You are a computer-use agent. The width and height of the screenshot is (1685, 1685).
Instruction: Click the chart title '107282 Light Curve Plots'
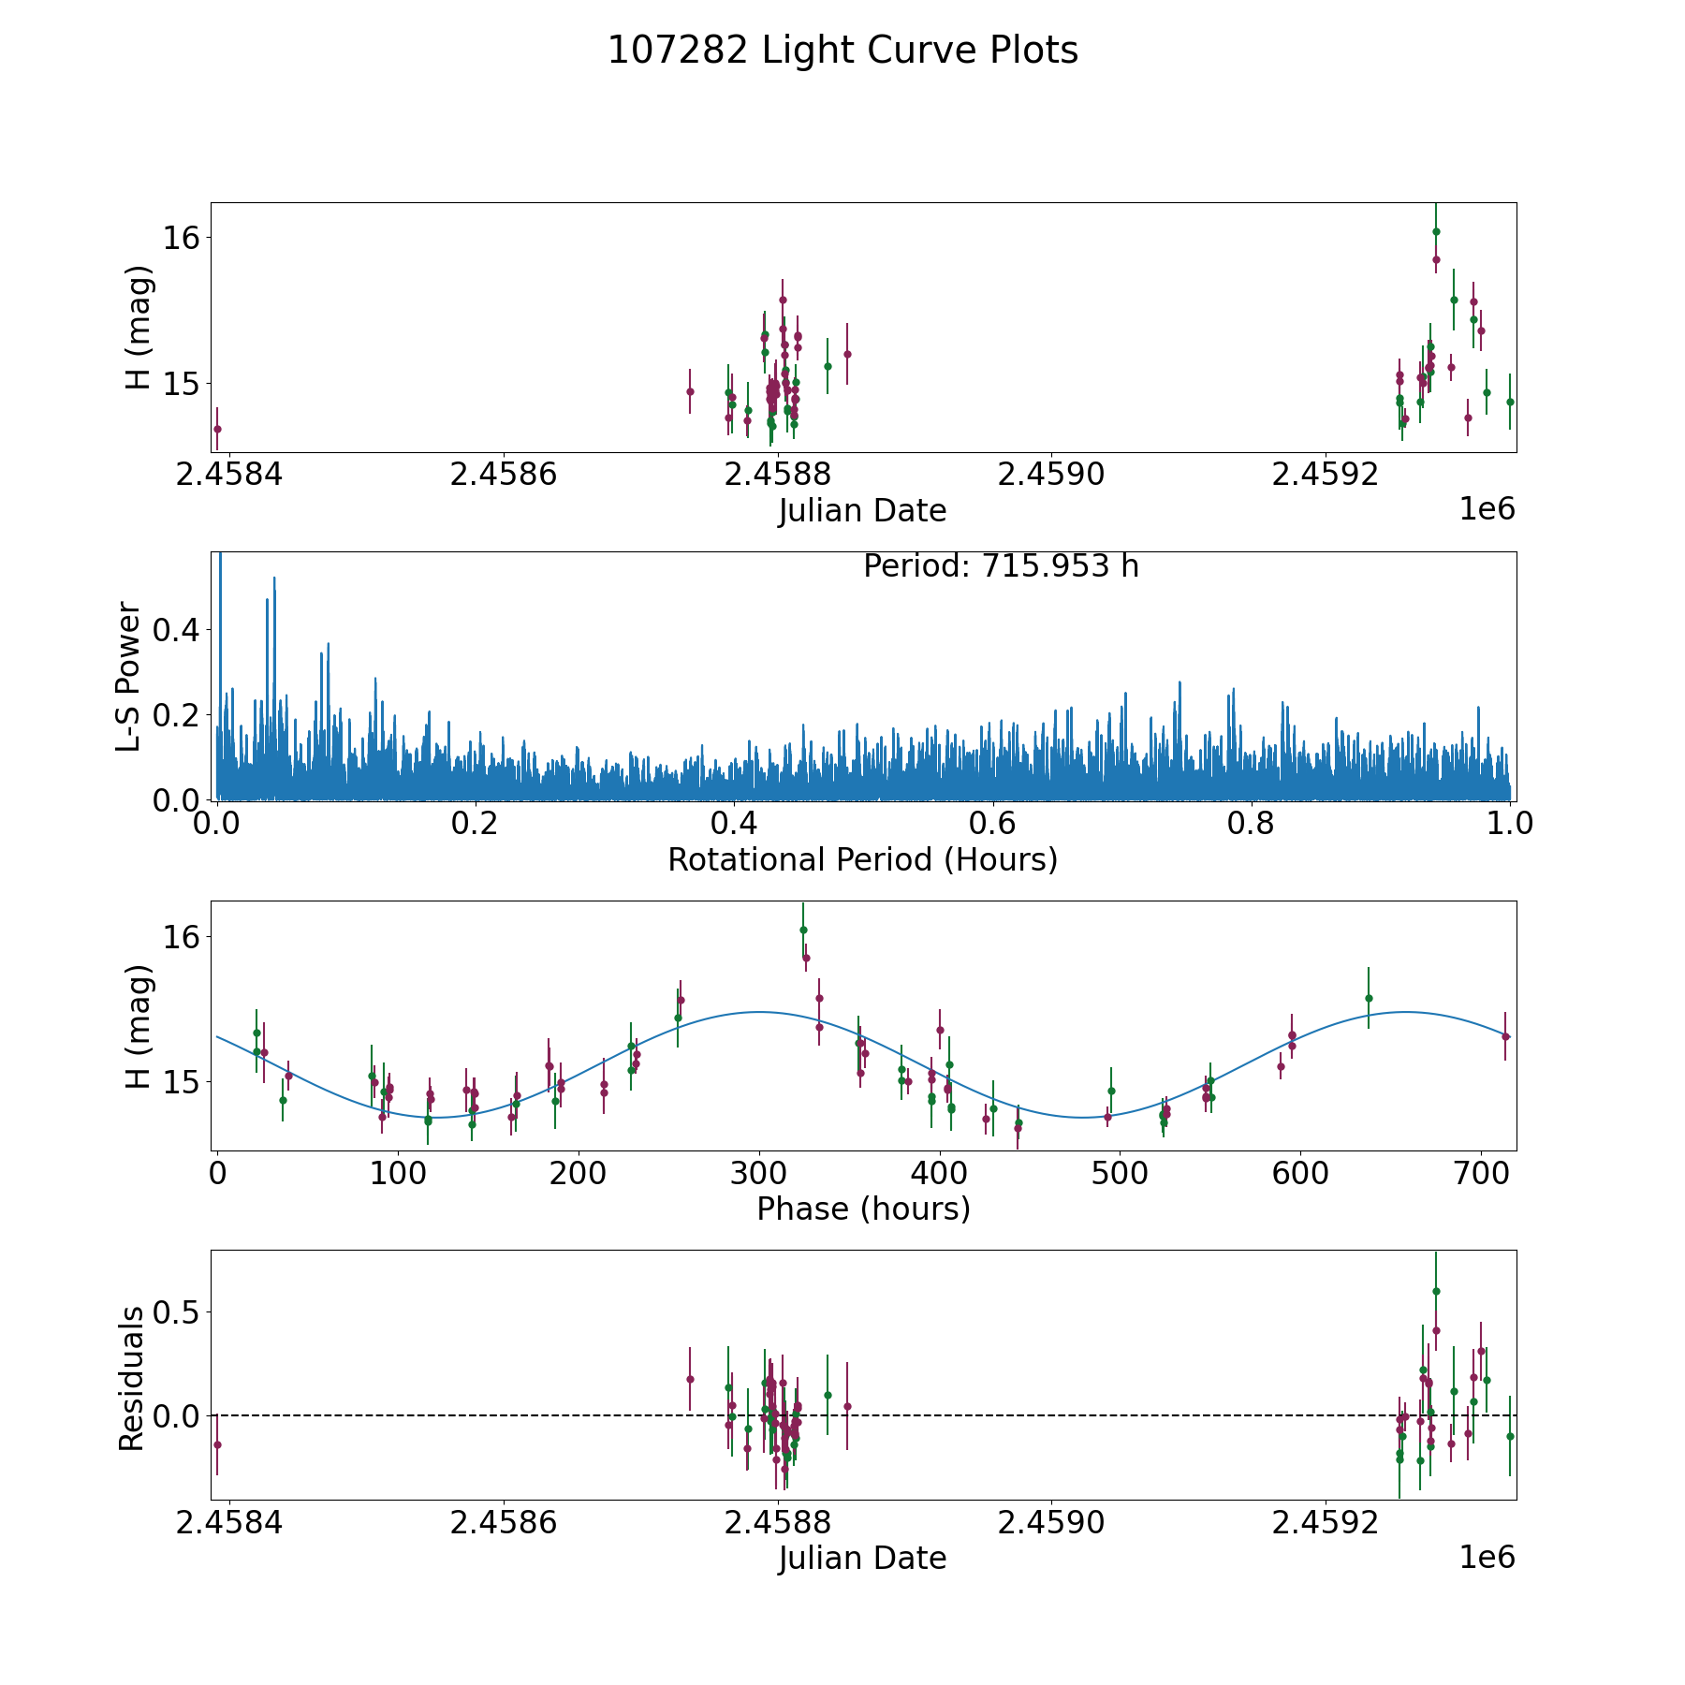(842, 51)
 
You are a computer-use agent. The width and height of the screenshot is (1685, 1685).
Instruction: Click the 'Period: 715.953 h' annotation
(1001, 566)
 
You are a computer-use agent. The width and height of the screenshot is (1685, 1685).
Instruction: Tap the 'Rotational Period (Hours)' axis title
(862, 859)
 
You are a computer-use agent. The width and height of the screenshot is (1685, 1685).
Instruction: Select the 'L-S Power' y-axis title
(129, 676)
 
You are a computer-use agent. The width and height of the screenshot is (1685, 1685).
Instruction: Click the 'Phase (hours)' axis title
(863, 1209)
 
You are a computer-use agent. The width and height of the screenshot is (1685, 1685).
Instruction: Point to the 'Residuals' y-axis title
(131, 1378)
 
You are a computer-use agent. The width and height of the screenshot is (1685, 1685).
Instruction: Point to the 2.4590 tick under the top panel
(1052, 474)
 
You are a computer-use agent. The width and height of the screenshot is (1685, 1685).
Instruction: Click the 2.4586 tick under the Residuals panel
(504, 1522)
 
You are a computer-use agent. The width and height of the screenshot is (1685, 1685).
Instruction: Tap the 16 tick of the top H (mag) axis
(182, 238)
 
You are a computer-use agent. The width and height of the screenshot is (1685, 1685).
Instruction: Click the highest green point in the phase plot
(803, 930)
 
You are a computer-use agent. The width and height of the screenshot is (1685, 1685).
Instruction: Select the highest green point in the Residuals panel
(1436, 1291)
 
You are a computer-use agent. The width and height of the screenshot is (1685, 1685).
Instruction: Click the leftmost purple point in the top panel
(217, 429)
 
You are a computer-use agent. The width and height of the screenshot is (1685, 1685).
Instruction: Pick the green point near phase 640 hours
(1369, 998)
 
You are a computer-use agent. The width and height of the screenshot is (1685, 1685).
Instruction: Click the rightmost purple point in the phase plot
(1505, 1036)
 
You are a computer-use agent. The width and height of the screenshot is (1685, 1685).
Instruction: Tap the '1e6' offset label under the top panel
(1487, 509)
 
